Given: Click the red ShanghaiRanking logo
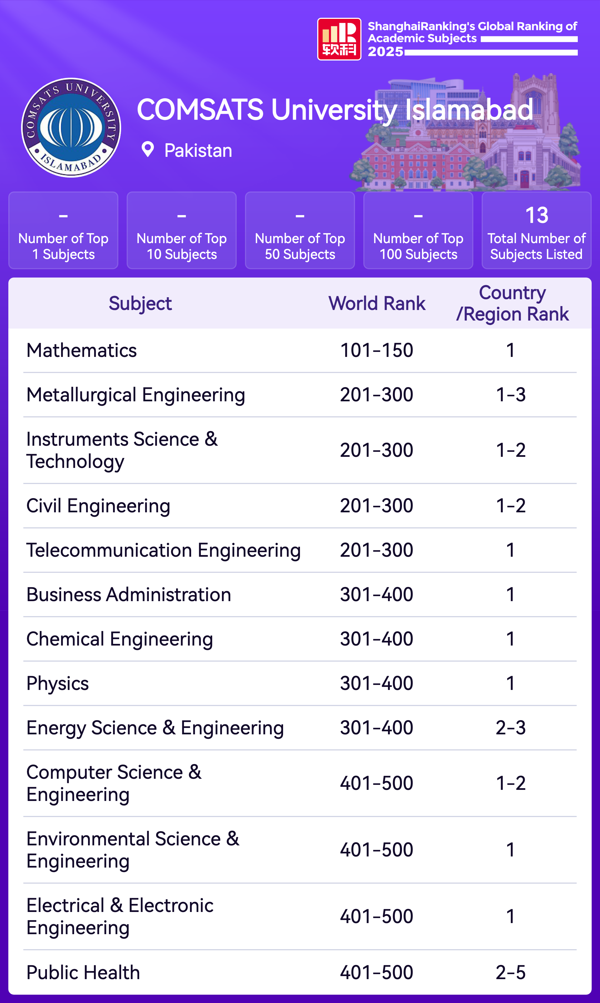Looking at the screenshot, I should tap(339, 39).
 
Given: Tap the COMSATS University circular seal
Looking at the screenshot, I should tap(71, 128).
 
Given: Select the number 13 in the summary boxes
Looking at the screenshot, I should tap(536, 215).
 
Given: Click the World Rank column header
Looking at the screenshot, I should tap(377, 303).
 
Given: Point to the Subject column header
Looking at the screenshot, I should tap(140, 303).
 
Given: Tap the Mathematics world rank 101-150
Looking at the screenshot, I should tap(376, 350).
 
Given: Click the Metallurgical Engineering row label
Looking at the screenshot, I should tap(136, 395).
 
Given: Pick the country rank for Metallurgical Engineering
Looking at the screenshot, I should tap(511, 395).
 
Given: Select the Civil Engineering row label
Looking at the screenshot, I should tap(98, 506).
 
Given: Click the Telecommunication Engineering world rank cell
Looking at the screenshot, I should tap(376, 550).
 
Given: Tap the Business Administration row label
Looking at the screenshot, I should tap(129, 594).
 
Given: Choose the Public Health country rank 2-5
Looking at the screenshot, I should tap(511, 972).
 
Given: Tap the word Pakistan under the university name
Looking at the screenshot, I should tap(198, 151).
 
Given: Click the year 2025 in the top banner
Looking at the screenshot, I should tap(385, 52).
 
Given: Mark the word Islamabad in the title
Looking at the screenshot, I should tap(469, 110).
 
